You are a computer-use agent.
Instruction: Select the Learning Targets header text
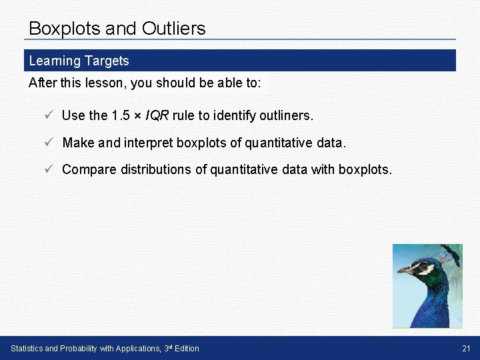point(79,61)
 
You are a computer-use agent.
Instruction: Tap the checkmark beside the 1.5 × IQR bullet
point(49,115)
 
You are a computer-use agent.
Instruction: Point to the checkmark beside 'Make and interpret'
point(49,142)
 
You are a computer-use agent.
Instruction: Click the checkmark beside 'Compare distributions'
point(49,169)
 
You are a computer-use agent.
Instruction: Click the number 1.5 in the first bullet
point(121,115)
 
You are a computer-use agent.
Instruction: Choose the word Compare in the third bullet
point(89,169)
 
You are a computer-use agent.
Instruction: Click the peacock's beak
point(404,271)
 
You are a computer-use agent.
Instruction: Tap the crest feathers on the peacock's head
point(453,252)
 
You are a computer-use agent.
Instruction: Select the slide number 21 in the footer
point(465,348)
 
